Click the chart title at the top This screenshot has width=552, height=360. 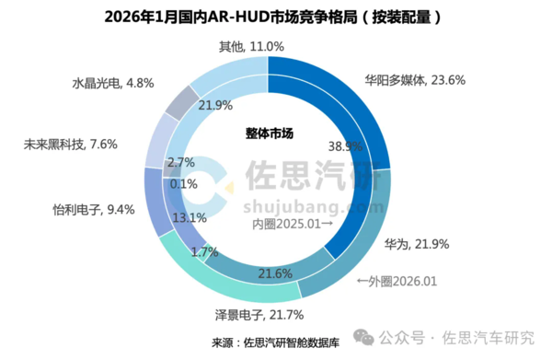click(275, 17)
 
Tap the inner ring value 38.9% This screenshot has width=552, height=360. click(344, 146)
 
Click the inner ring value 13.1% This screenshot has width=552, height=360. click(189, 217)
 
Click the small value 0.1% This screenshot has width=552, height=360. click(184, 183)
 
